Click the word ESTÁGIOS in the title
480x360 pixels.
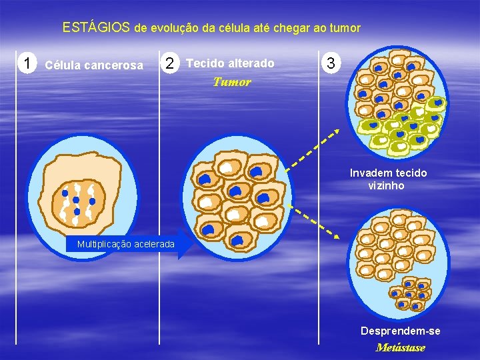pyautogui.click(x=96, y=28)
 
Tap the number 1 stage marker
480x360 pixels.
pyautogui.click(x=27, y=64)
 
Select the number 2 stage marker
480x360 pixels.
pyautogui.click(x=171, y=64)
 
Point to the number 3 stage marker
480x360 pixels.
pyautogui.click(x=331, y=64)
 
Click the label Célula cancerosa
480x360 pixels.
pyautogui.click(x=93, y=65)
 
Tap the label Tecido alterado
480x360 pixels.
pyautogui.click(x=231, y=63)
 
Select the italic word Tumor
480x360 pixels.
pyautogui.click(x=232, y=82)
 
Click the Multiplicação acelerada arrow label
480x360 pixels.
pyautogui.click(x=126, y=244)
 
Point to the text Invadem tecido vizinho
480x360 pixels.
pyautogui.click(x=388, y=179)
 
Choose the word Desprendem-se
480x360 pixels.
pyautogui.click(x=400, y=331)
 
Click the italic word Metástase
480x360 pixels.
pyautogui.click(x=400, y=347)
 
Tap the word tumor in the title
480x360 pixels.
pyautogui.click(x=345, y=29)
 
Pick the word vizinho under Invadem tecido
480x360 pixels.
pyautogui.click(x=386, y=185)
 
